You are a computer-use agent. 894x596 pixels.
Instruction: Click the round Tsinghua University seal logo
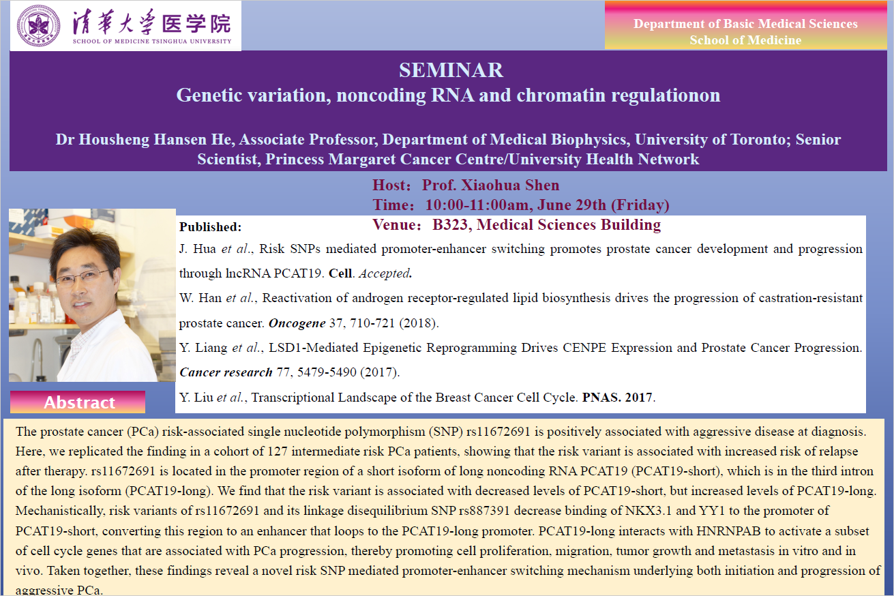[x=39, y=25]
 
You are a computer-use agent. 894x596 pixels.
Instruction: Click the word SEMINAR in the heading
[x=451, y=70]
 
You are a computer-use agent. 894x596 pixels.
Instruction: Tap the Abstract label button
[x=78, y=402]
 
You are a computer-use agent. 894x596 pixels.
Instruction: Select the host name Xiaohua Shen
[x=510, y=185]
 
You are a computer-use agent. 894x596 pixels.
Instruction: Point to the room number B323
[x=450, y=225]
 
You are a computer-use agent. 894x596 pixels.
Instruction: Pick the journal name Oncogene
[x=297, y=323]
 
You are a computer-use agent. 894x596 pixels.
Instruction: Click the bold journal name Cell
[x=340, y=273]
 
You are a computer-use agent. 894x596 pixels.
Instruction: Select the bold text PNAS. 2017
[x=617, y=397]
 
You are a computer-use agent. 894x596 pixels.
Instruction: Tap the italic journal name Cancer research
[x=226, y=372]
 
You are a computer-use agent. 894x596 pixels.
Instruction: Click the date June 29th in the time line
[x=572, y=205]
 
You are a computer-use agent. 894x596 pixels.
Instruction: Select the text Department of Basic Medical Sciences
[x=745, y=24]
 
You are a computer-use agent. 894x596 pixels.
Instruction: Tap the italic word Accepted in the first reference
[x=385, y=273]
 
